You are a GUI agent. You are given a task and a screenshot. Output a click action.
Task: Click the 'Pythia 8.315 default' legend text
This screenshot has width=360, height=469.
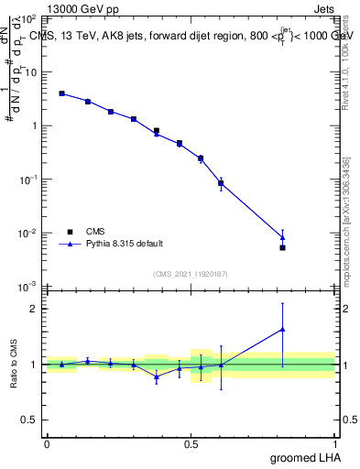(x=125, y=244)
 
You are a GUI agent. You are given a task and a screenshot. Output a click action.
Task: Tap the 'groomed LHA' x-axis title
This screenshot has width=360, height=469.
(x=306, y=457)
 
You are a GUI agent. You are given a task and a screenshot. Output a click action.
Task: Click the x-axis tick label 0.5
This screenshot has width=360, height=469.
(x=191, y=443)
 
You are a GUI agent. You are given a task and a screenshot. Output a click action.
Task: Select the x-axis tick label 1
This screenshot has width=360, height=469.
(x=334, y=443)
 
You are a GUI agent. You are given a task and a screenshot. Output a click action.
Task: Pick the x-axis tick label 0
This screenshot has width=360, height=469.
(x=47, y=443)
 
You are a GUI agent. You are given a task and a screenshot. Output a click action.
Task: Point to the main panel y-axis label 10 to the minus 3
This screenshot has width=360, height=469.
(x=27, y=287)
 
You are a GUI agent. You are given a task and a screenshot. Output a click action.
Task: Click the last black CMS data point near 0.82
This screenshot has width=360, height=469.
(x=282, y=247)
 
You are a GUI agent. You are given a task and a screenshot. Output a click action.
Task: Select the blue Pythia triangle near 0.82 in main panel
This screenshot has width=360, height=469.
(x=282, y=237)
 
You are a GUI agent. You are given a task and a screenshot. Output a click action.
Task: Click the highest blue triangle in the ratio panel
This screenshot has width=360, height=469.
(x=282, y=329)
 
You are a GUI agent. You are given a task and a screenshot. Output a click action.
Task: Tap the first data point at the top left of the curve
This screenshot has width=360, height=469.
(x=61, y=93)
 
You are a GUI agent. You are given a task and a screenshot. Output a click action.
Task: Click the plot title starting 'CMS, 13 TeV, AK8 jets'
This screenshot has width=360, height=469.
(x=192, y=35)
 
